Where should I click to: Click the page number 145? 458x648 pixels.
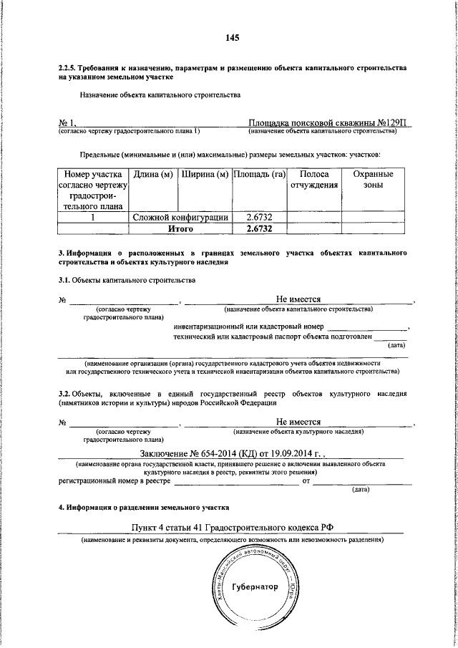tap(230, 38)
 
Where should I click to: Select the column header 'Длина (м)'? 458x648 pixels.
tap(152, 175)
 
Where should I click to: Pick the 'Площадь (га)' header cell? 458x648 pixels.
tap(258, 175)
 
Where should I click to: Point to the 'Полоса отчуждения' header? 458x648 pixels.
tap(313, 180)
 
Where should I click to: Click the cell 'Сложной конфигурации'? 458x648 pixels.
tap(180, 217)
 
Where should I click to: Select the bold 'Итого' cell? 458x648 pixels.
tap(180, 228)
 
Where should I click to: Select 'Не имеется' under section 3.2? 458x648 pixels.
tap(298, 422)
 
